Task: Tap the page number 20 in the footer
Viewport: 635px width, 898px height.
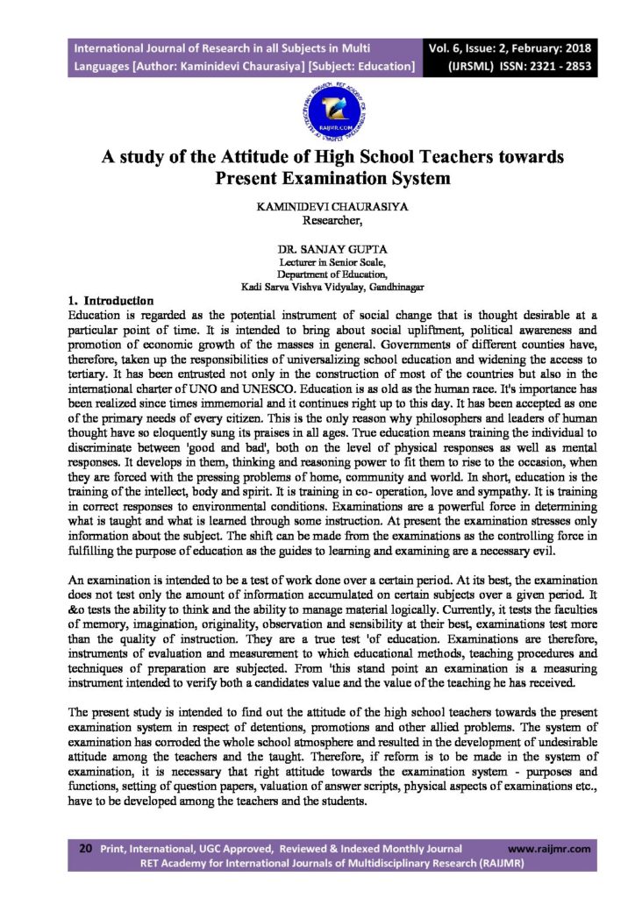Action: tap(86, 849)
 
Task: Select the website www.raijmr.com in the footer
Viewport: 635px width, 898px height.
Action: tap(549, 849)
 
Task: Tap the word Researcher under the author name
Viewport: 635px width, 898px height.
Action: tap(317, 221)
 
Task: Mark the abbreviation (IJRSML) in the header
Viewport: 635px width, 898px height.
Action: tap(477, 66)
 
